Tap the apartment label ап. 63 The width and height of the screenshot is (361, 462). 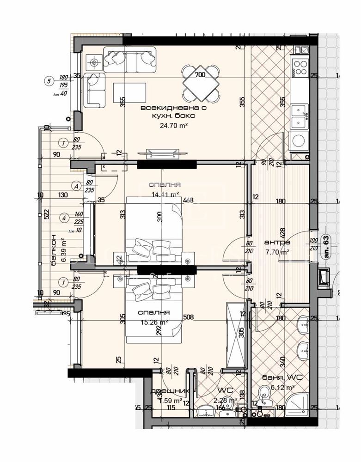(x=326, y=247)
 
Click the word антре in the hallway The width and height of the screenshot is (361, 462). (x=277, y=242)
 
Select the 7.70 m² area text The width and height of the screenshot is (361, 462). (x=277, y=252)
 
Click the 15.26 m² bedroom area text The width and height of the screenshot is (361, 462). (x=154, y=323)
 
